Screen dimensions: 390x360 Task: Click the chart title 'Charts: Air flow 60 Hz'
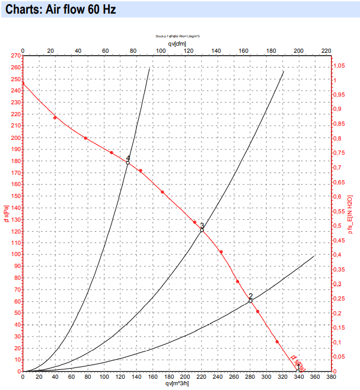pyautogui.click(x=60, y=9)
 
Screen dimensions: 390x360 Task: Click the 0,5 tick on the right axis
pyautogui.click(x=337, y=226)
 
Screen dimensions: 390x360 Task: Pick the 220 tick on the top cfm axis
pyautogui.click(x=325, y=51)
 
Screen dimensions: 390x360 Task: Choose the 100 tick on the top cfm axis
pyautogui.click(x=160, y=51)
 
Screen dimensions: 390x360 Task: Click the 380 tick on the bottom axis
pyautogui.click(x=330, y=377)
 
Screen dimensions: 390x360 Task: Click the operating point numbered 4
pyautogui.click(x=128, y=162)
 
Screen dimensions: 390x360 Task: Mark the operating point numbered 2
pyautogui.click(x=250, y=301)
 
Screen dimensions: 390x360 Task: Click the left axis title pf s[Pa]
pyautogui.click(x=5, y=213)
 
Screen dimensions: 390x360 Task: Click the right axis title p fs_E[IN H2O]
pyautogui.click(x=351, y=213)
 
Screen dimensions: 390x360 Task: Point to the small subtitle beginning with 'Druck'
pyautogui.click(x=177, y=36)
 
